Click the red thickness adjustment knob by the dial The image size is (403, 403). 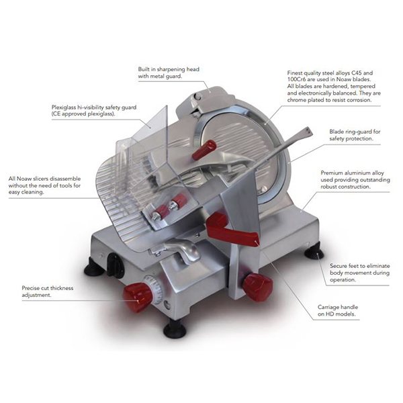coord(138,297)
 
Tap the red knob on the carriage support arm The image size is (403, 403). coord(257,287)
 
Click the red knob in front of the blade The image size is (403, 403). coord(204,150)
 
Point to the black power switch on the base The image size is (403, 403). coord(115,265)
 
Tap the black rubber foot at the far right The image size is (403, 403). coord(314,251)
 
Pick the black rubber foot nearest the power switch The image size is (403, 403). coord(94,267)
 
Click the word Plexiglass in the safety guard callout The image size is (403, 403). coord(64,107)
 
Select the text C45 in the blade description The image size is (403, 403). coord(357,73)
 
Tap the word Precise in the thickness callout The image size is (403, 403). coord(32,288)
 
